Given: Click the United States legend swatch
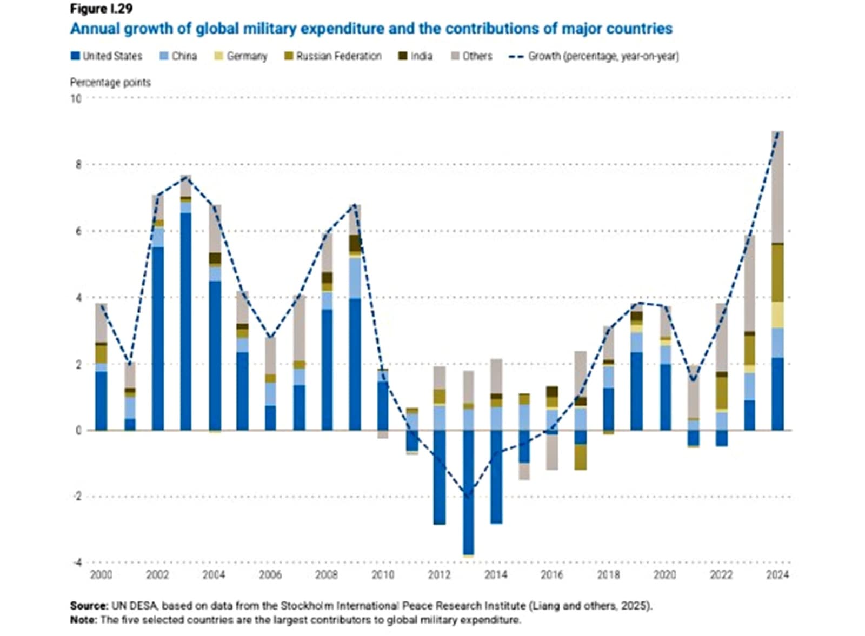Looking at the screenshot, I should pos(75,56).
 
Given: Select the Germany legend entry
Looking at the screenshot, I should pos(247,56).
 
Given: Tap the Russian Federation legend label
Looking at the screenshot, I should pos(338,56).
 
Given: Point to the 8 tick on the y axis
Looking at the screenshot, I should pos(79,165).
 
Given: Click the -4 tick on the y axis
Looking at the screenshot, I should pos(77,563).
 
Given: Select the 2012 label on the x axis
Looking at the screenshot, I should pos(439,575).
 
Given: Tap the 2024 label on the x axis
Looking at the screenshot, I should pos(777,575).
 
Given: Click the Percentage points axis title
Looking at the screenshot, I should pos(110,83).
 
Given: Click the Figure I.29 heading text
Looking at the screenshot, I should pos(101,9).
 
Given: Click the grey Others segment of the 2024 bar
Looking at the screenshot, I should pos(777,186).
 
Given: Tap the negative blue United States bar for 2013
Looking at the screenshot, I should pos(468,492).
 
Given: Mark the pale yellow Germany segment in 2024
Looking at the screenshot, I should pos(777,314).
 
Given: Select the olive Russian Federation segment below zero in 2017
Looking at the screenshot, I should pos(580,457).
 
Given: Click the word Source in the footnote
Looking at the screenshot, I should pos(89,606).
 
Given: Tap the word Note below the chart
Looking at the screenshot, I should pos(84,620).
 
